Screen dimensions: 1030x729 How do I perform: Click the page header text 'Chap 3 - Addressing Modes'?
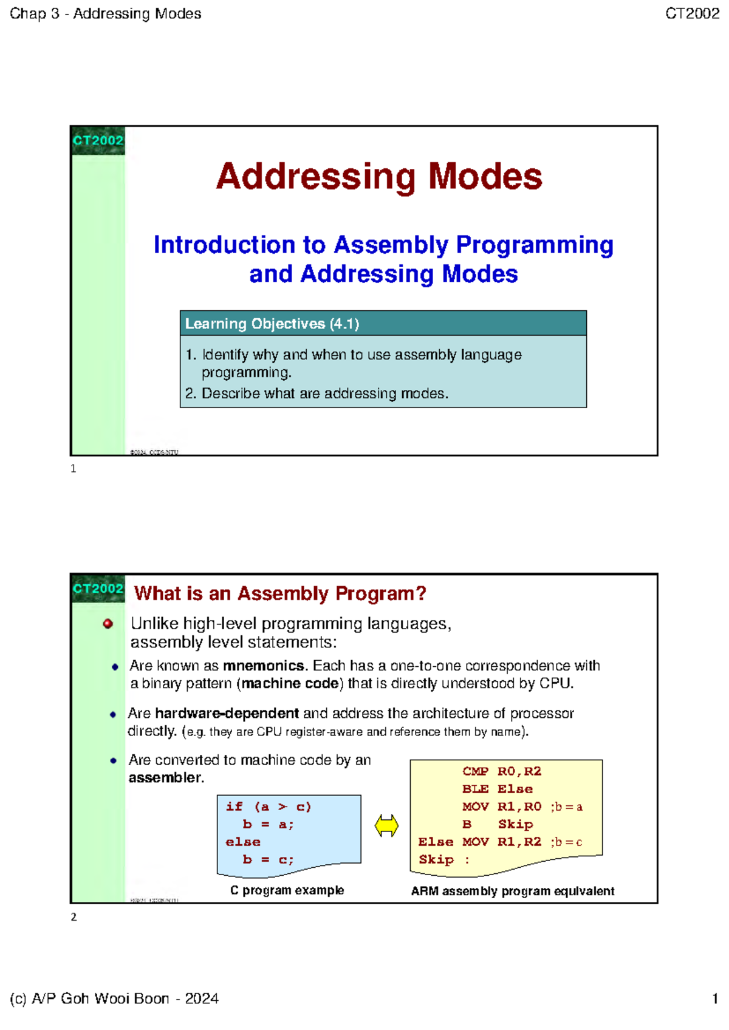[105, 13]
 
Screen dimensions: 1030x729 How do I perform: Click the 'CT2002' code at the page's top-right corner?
[692, 13]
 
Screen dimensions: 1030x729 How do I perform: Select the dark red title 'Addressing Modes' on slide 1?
[379, 177]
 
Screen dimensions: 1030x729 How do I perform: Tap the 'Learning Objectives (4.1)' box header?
[272, 324]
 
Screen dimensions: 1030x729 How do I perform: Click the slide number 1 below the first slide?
[74, 469]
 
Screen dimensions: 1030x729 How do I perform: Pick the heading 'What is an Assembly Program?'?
[280, 593]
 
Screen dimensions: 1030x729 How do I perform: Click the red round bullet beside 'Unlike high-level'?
[108, 624]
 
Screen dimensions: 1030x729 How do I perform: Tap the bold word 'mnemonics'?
[263, 666]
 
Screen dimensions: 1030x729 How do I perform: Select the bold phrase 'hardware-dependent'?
[227, 713]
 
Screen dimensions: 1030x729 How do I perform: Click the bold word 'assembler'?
[165, 778]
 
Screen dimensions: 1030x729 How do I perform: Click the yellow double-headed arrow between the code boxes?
[386, 826]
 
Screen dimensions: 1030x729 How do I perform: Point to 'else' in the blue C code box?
[243, 842]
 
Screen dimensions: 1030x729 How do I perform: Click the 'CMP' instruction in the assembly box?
[475, 771]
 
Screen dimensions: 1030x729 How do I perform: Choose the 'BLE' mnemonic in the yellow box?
[475, 789]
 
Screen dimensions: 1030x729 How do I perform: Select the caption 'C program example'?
[287, 890]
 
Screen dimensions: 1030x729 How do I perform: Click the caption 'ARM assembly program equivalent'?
[512, 891]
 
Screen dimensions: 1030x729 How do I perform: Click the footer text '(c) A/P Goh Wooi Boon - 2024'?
[114, 998]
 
